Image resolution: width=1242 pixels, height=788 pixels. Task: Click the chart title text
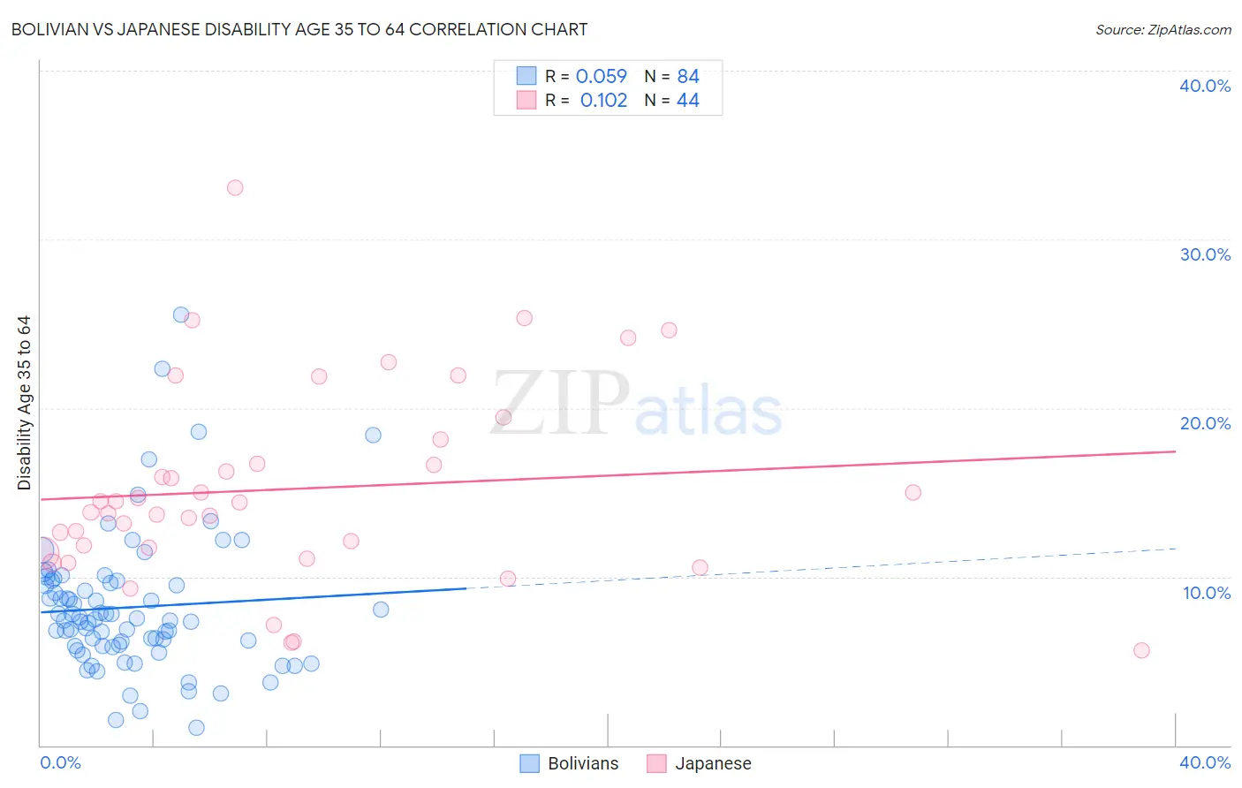299,29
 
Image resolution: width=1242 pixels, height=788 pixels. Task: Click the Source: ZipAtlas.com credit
1162,29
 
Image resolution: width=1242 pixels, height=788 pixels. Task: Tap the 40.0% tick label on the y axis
1205,86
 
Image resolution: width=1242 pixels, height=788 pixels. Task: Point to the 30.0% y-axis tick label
1205,254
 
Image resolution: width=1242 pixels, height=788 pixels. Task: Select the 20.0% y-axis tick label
1205,423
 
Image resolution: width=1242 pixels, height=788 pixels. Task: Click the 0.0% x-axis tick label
60,762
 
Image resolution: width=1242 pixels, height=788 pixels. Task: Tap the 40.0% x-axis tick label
1205,762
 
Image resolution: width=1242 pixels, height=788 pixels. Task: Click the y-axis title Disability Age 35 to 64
24,403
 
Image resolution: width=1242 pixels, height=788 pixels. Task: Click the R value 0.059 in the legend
601,77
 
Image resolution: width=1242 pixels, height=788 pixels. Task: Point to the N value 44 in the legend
688,101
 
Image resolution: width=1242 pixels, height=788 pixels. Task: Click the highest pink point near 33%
235,187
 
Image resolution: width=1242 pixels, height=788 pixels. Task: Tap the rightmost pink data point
1141,650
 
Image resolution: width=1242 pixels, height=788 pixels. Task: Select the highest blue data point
181,314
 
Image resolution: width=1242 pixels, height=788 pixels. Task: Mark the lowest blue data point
196,728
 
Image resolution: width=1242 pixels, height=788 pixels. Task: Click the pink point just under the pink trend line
913,492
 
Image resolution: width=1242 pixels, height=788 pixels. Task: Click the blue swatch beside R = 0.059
526,76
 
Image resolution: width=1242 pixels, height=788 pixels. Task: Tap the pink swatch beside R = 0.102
526,100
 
